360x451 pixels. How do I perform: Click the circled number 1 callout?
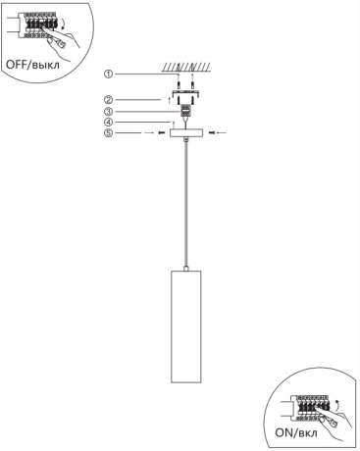(x=108, y=75)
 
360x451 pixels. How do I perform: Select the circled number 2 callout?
(x=108, y=99)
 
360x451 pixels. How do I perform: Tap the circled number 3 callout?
(x=108, y=112)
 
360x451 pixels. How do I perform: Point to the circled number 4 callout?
(x=108, y=123)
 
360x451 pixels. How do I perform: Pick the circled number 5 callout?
(x=108, y=133)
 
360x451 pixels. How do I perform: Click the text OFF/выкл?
(x=32, y=64)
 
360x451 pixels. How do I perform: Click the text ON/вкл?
(x=296, y=433)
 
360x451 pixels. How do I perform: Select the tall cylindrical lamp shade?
(x=186, y=326)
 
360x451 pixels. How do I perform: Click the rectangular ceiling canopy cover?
(x=186, y=133)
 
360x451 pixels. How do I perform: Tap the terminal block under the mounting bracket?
(x=186, y=111)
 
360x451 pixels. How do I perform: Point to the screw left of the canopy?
(x=162, y=133)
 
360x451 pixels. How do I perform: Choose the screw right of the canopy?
(x=211, y=133)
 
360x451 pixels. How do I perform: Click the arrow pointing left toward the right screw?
(x=222, y=133)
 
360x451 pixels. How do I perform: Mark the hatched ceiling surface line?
(x=186, y=67)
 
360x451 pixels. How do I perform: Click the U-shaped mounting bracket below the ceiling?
(x=186, y=94)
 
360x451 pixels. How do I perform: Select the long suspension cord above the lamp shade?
(x=186, y=204)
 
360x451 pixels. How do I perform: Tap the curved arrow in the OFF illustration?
(x=62, y=24)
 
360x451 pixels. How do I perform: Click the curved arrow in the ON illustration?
(x=337, y=404)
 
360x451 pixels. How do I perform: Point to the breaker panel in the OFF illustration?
(x=38, y=25)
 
